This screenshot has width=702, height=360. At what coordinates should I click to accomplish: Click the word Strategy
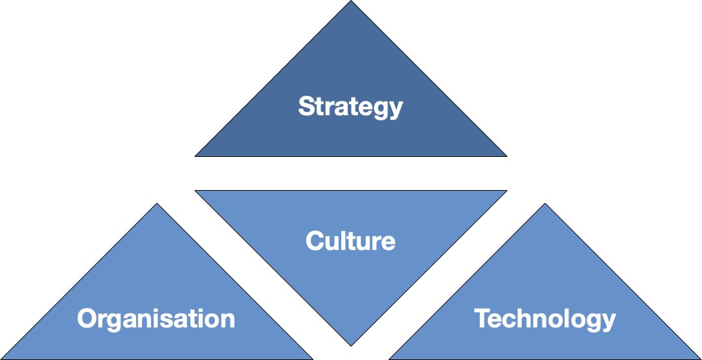[x=350, y=107]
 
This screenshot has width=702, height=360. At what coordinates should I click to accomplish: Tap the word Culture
[x=350, y=241]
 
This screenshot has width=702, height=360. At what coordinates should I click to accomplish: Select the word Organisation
[x=156, y=319]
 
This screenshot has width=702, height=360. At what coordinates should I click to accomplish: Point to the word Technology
[x=545, y=319]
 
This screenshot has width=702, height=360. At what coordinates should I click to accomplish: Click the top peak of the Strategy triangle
[x=351, y=2]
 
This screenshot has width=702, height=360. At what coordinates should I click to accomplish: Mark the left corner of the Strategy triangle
[x=196, y=156]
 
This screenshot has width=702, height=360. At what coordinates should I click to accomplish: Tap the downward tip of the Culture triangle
[x=351, y=345]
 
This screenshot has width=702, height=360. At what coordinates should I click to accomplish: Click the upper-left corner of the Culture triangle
[x=196, y=191]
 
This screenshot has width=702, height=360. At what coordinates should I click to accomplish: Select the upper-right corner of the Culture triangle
[x=505, y=191]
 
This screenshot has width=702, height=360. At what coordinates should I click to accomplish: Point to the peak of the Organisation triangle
[x=156, y=204]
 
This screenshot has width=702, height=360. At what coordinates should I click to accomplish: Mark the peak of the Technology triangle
[x=545, y=204]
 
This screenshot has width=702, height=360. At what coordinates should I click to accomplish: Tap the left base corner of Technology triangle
[x=390, y=358]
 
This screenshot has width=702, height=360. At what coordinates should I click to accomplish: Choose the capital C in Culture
[x=315, y=241]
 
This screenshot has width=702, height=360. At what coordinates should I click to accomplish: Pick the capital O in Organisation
[x=87, y=319]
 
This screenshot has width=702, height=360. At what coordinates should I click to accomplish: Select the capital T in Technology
[x=481, y=318]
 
